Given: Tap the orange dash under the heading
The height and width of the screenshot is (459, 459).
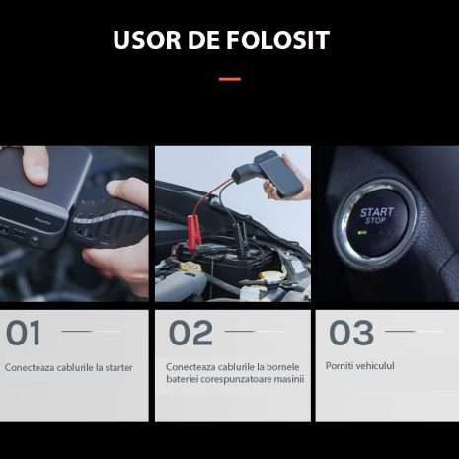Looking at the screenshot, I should point(229,79).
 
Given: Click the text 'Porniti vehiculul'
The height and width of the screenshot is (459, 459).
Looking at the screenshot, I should point(360,365).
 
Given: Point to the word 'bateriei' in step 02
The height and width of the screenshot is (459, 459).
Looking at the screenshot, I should point(183,379).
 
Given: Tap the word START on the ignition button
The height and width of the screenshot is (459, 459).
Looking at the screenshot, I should point(376,211).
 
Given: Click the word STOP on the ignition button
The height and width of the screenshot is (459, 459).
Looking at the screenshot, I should point(376,221).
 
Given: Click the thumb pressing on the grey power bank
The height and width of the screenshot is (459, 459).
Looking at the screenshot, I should point(35,164).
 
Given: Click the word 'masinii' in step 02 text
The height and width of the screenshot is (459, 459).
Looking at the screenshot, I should point(288,379).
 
